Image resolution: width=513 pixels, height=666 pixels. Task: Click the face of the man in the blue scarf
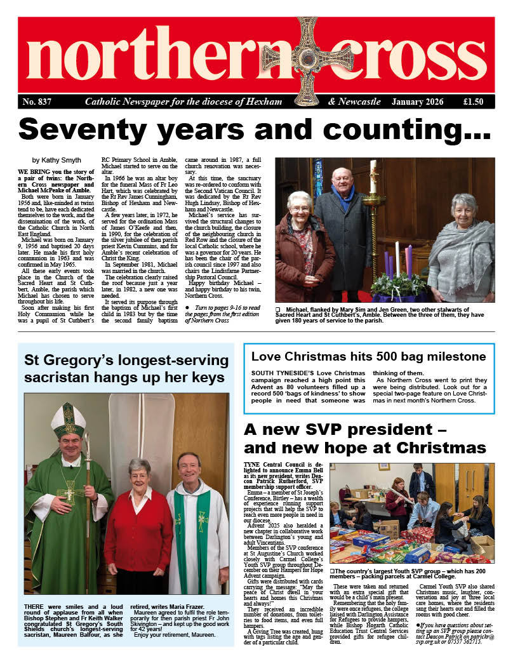point(343,182)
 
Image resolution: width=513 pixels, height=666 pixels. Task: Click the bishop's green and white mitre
point(68,419)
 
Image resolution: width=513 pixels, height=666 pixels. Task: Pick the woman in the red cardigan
point(138,527)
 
